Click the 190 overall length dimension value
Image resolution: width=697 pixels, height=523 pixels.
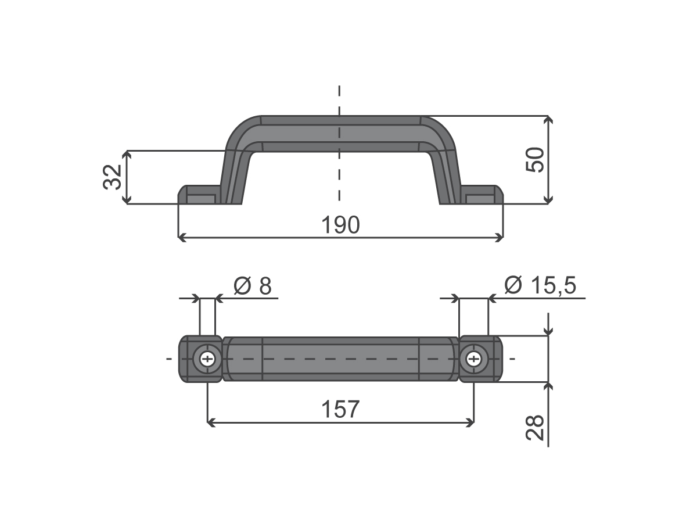(x=340, y=225)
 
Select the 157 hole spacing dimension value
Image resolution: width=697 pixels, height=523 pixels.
(x=340, y=409)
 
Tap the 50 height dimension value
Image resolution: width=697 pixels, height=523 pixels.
(x=535, y=160)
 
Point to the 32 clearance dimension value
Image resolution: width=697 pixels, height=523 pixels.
(x=113, y=177)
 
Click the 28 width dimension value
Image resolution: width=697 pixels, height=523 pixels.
(x=535, y=428)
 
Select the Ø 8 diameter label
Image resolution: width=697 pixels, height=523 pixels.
(x=253, y=286)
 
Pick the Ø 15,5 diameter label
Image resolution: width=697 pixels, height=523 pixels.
(x=540, y=285)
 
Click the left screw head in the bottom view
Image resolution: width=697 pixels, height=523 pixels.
(x=207, y=359)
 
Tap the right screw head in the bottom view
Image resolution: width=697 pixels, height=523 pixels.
(x=474, y=359)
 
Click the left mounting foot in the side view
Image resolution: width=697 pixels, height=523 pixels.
(x=199, y=194)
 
